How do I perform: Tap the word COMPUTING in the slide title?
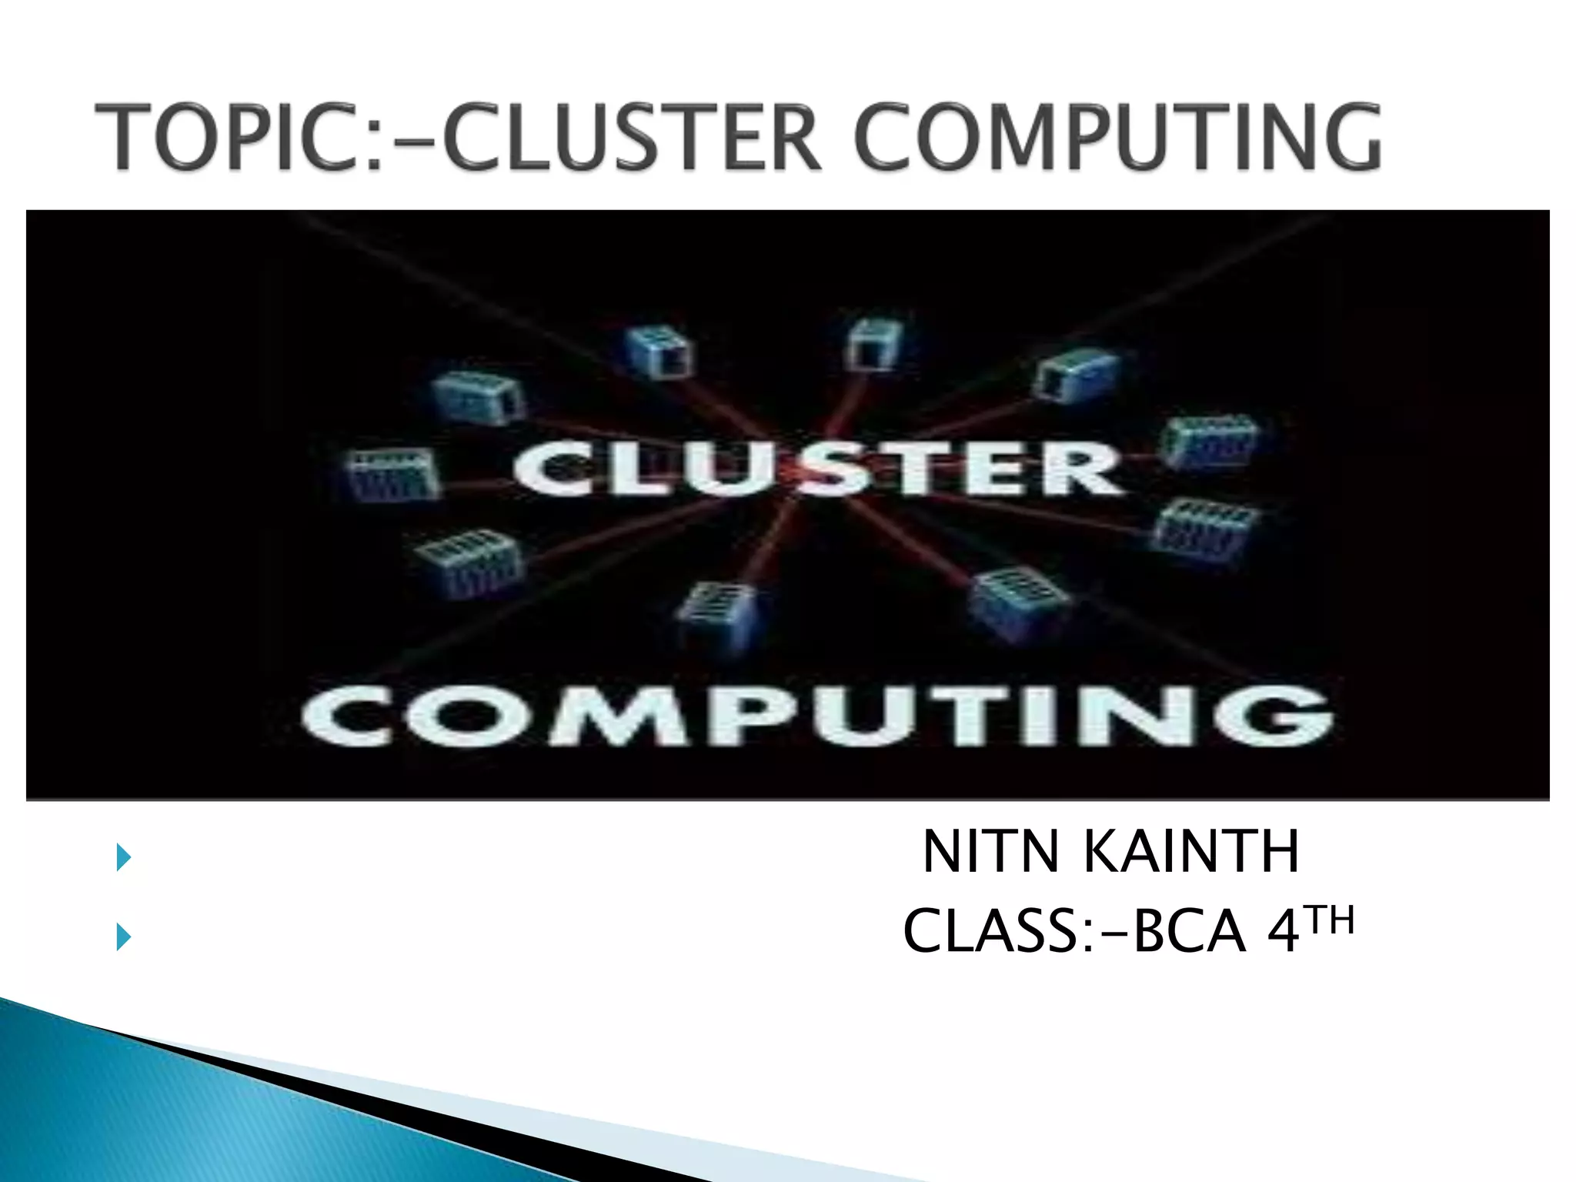pyautogui.click(x=1116, y=139)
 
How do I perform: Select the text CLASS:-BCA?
pyautogui.click(x=1073, y=932)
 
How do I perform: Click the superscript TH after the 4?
pyautogui.click(x=1331, y=921)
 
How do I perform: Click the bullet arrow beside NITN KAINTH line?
pyautogui.click(x=123, y=857)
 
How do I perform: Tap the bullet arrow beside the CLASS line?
pyautogui.click(x=123, y=937)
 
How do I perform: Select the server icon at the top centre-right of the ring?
pyautogui.click(x=873, y=346)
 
